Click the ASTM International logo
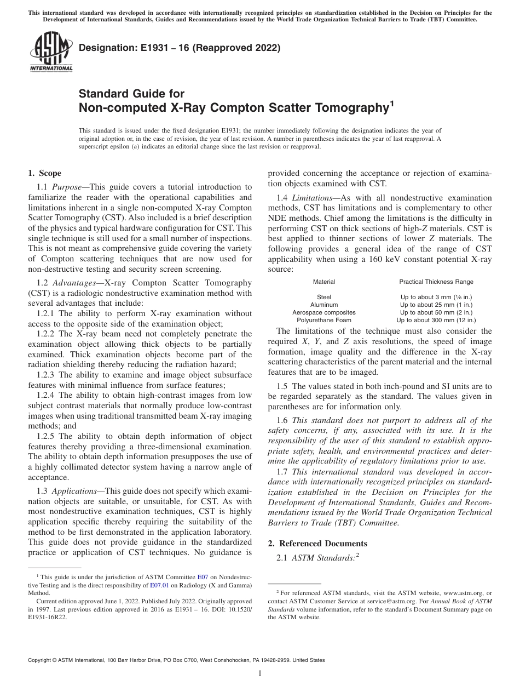[50, 52]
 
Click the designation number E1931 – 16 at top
[180, 48]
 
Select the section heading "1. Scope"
[44, 174]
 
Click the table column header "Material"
[324, 282]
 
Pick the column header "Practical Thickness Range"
[436, 282]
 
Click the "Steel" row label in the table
[324, 297]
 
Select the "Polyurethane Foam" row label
[324, 320]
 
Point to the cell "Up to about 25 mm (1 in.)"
[436, 305]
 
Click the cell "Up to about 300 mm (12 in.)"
[436, 320]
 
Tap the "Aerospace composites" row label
[324, 312]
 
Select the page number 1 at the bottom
[260, 674]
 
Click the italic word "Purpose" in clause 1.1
[68, 187]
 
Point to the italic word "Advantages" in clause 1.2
[75, 282]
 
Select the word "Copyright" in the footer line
[41, 660]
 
